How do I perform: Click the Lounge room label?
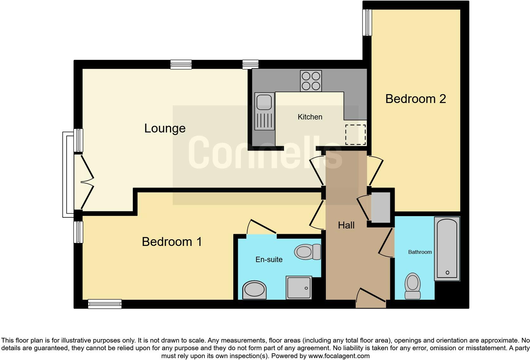[165, 128]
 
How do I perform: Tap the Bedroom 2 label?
[416, 99]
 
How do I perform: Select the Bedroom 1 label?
[172, 242]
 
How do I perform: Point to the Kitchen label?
[310, 117]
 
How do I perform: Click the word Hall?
[346, 225]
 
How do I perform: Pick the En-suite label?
[269, 260]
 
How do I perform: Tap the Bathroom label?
[420, 252]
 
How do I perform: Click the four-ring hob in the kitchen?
[311, 81]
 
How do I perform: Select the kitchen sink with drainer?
[264, 112]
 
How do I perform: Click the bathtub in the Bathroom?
[447, 248]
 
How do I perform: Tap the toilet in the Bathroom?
[413, 286]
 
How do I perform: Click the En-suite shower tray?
[299, 287]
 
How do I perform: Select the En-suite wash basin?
[255, 290]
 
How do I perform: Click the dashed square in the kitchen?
[355, 134]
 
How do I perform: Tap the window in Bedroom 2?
[367, 22]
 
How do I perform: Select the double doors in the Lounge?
[85, 182]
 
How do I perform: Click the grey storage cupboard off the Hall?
[380, 207]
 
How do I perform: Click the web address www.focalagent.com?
[339, 356]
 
